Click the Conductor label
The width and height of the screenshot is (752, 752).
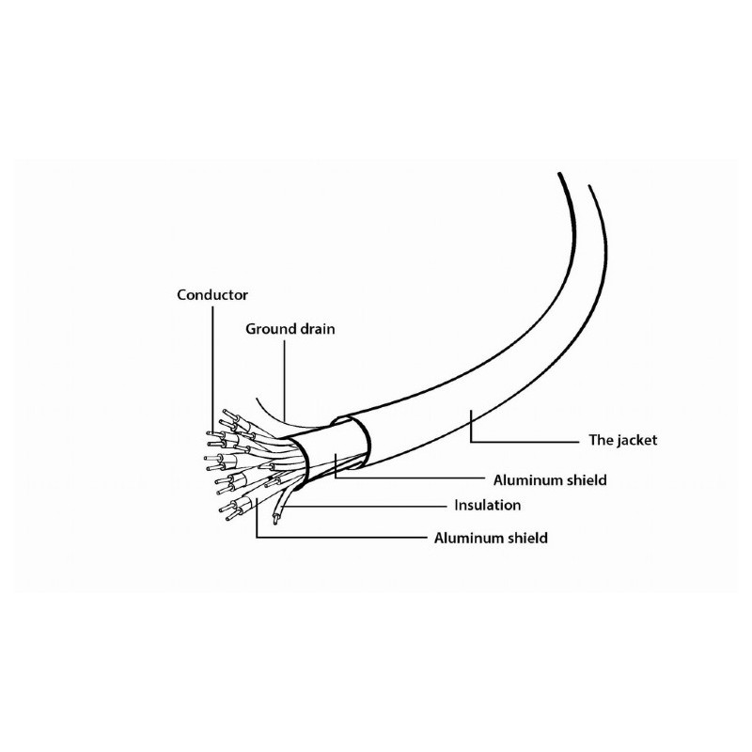(x=212, y=294)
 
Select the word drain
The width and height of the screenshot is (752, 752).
(x=317, y=329)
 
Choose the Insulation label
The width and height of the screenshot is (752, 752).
(x=487, y=505)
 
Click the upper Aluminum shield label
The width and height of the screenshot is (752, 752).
(x=550, y=480)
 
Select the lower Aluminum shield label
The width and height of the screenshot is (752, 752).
(x=491, y=538)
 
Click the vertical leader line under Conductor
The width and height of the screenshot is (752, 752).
(x=213, y=370)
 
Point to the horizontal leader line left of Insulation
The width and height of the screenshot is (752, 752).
(x=364, y=506)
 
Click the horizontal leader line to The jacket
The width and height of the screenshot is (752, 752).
(x=525, y=441)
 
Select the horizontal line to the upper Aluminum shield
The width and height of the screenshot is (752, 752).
(x=410, y=478)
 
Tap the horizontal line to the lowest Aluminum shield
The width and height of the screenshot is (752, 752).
(x=341, y=537)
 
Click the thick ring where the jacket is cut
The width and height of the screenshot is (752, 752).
(x=355, y=442)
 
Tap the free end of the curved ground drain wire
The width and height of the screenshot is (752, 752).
(x=256, y=398)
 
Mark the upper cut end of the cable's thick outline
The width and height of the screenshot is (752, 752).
(x=558, y=173)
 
